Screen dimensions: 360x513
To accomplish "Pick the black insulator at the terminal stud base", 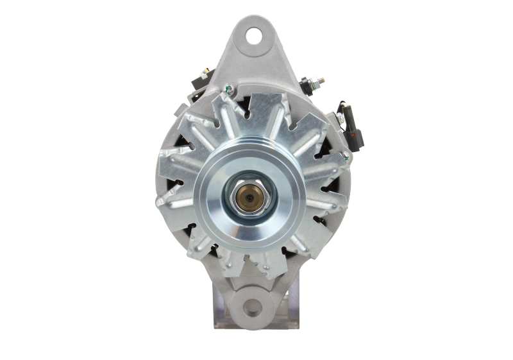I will (308, 87).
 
